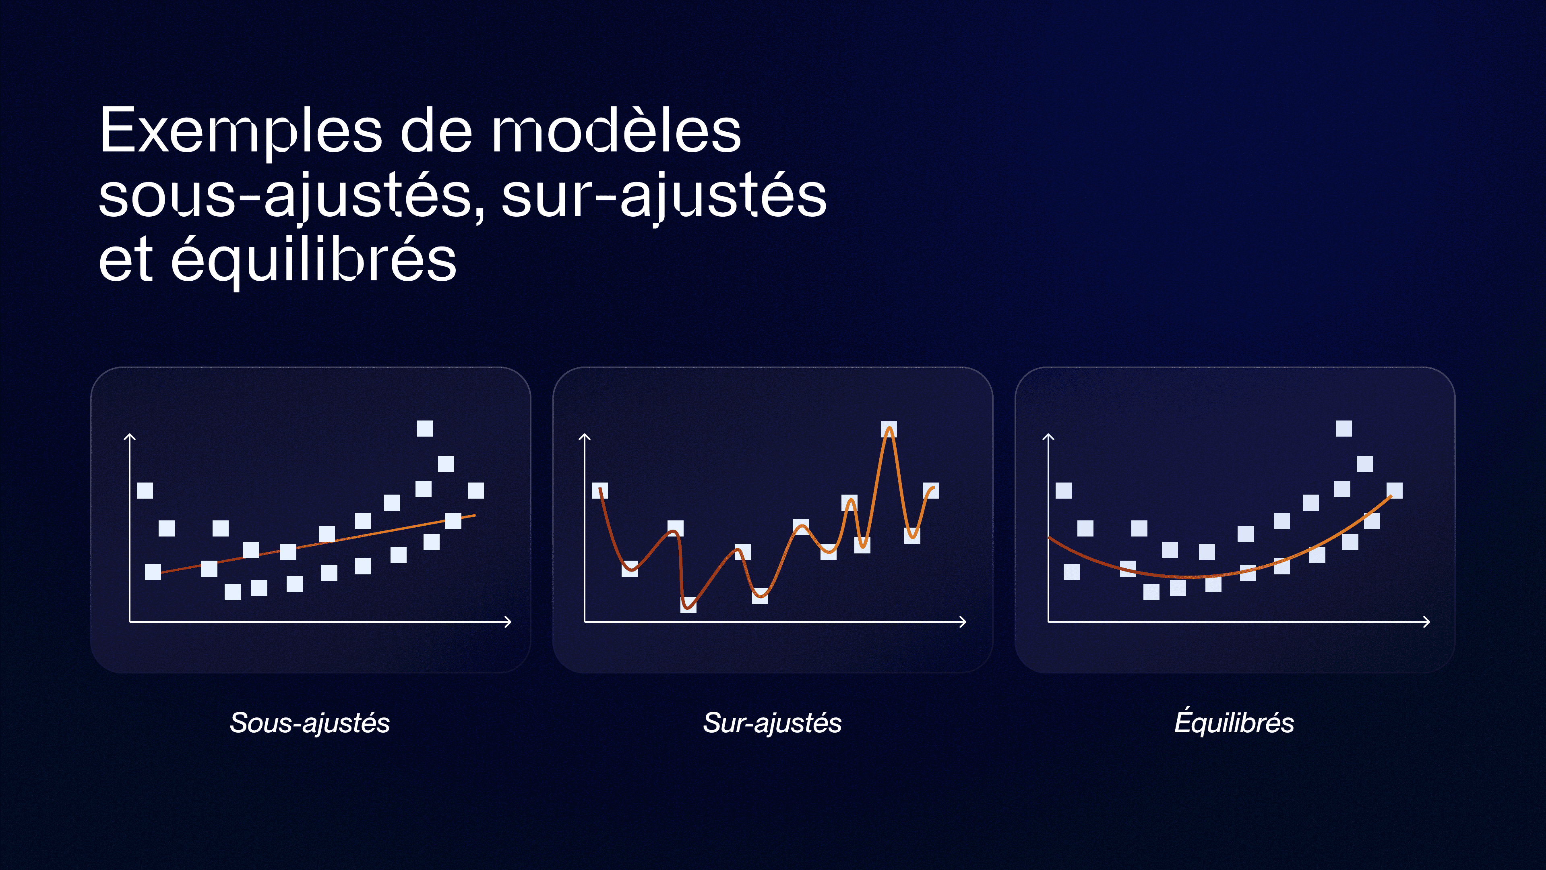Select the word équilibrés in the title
pyautogui.click(x=313, y=260)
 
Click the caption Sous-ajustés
pyautogui.click(x=310, y=722)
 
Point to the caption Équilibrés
pyautogui.click(x=1234, y=722)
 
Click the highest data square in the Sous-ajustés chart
pyautogui.click(x=425, y=428)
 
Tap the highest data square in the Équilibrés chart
pyautogui.click(x=1344, y=428)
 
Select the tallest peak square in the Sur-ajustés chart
pyautogui.click(x=889, y=429)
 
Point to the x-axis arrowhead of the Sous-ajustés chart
pyautogui.click(x=509, y=622)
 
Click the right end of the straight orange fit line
pyautogui.click(x=474, y=515)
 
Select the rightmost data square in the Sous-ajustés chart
pyautogui.click(x=476, y=491)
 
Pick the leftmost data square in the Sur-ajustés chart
pyautogui.click(x=599, y=491)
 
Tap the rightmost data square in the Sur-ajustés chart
pyautogui.click(x=931, y=491)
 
